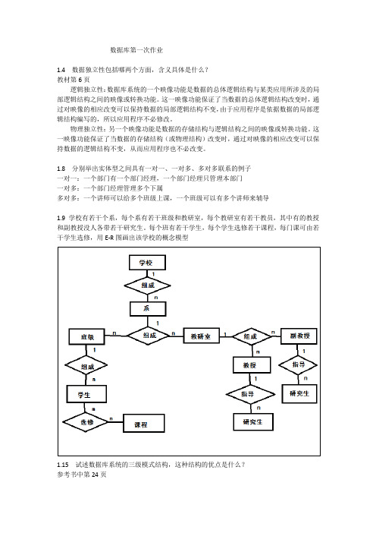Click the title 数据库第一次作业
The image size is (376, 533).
point(136,50)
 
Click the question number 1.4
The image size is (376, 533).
point(61,70)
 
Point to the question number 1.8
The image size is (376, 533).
point(61,169)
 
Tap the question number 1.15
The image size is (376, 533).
point(63,465)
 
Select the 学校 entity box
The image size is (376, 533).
point(147,263)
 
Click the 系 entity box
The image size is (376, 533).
point(148,309)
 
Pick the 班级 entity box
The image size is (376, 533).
point(87,336)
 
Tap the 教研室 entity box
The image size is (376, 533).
point(201,336)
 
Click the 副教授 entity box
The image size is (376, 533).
point(299,336)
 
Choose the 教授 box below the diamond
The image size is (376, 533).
point(252,365)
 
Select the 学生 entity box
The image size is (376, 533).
point(86,394)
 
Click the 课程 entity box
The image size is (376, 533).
point(143,423)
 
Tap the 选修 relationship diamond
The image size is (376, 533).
point(86,422)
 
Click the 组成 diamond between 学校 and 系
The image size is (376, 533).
point(147,285)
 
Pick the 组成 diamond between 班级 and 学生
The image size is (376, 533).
point(86,366)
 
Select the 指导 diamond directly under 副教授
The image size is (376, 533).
point(298,364)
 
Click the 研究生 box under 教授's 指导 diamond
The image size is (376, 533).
point(253,422)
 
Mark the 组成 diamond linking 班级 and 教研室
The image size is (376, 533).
point(149,336)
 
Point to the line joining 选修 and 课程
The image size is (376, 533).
point(116,422)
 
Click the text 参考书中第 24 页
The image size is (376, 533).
point(82,475)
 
